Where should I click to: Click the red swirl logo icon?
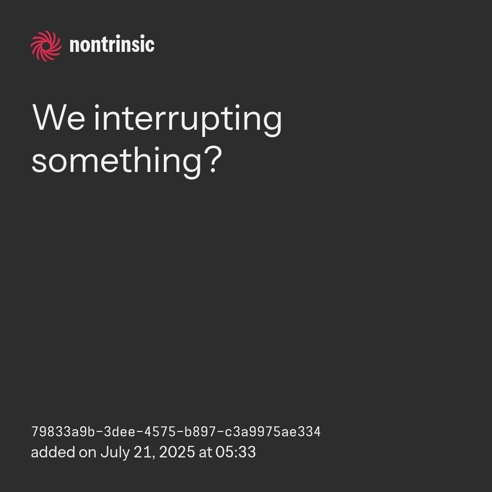[46, 46]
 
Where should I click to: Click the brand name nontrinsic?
[112, 44]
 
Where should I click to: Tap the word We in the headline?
[59, 118]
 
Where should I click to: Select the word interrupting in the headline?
[188, 121]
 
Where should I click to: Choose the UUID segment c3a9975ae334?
[273, 432]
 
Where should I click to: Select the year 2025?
[177, 453]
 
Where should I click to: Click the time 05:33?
[235, 453]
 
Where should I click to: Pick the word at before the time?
[206, 453]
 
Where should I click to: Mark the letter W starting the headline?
[48, 118]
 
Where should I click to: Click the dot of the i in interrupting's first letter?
[97, 107]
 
